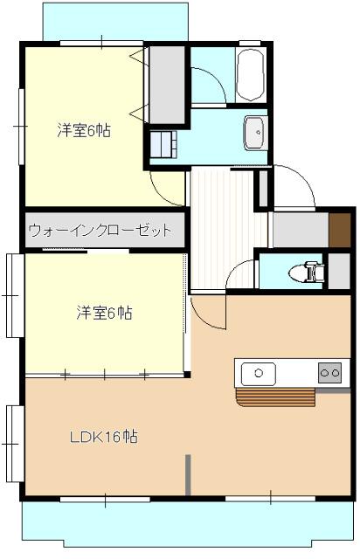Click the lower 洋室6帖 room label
(x=103, y=312)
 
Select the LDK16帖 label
(x=103, y=436)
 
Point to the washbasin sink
(x=257, y=132)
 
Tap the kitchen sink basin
(x=258, y=373)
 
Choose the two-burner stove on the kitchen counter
(x=329, y=373)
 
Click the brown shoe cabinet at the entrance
(x=339, y=229)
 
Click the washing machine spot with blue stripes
(x=164, y=143)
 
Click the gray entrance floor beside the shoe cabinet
(x=300, y=229)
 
